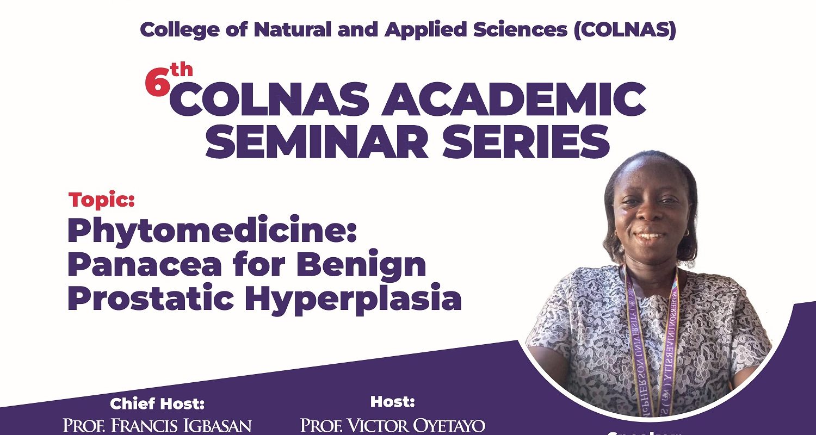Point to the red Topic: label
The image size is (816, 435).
click(x=102, y=200)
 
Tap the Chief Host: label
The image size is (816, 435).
click(x=157, y=404)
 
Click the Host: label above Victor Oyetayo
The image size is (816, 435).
click(x=393, y=402)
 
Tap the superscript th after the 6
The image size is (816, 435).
click(x=181, y=71)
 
